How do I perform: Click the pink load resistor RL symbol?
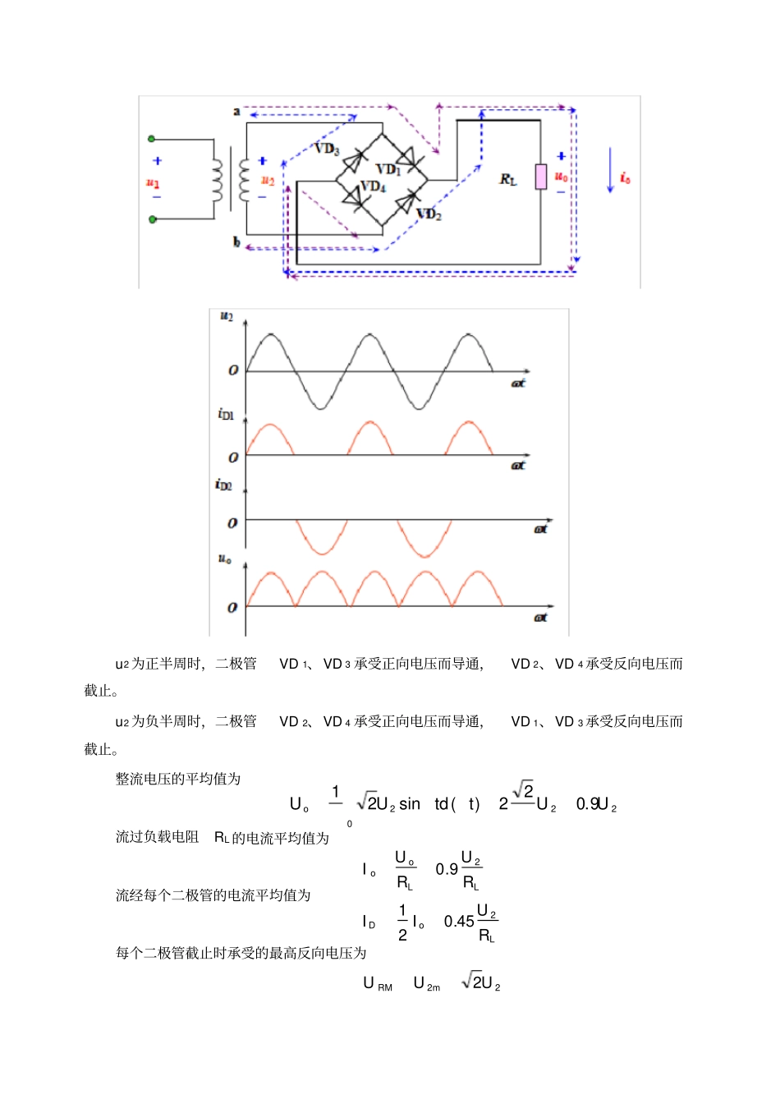click(541, 177)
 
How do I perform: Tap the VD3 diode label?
click(327, 149)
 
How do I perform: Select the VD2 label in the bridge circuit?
click(429, 214)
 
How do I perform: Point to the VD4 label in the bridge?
click(374, 186)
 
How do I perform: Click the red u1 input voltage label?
click(153, 182)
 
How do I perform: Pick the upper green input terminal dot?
click(151, 140)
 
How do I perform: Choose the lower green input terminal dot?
click(152, 219)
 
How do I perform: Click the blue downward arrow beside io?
click(610, 171)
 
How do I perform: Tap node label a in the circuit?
click(236, 111)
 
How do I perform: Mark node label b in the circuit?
click(236, 241)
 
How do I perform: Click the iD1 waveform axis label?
click(226, 414)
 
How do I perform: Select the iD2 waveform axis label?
click(223, 485)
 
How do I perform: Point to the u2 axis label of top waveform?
click(227, 316)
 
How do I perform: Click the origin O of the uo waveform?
click(232, 608)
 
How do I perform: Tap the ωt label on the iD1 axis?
click(518, 466)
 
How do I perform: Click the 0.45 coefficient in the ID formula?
click(459, 922)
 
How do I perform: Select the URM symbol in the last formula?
click(378, 983)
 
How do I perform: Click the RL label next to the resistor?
click(508, 179)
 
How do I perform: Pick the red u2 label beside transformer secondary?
click(268, 180)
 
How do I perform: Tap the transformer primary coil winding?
click(218, 180)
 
